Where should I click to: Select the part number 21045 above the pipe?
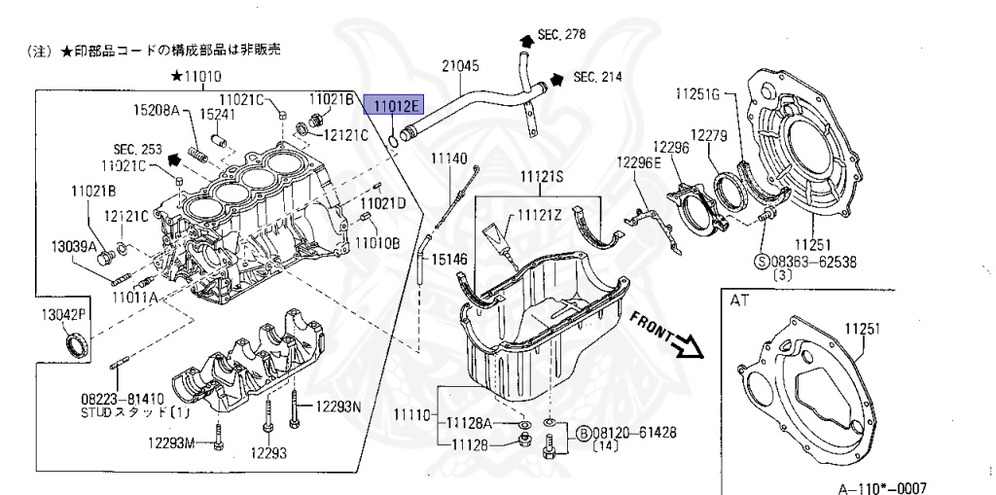[460, 65]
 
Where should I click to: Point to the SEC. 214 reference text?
[598, 76]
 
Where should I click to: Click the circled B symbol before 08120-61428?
[582, 432]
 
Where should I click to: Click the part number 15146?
[448, 260]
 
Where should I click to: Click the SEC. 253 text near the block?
[136, 149]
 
